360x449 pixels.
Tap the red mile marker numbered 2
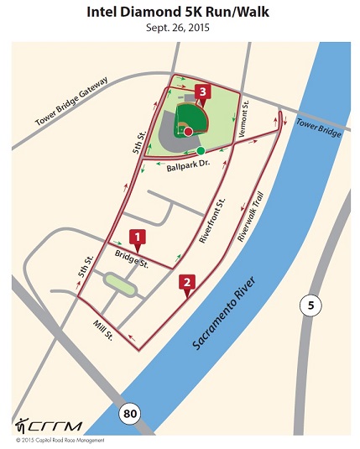(x=187, y=284)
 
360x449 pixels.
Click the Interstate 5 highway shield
(x=310, y=306)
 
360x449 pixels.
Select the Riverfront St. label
(x=212, y=221)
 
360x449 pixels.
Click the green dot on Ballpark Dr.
(x=201, y=151)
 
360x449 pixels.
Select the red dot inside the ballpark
(x=189, y=132)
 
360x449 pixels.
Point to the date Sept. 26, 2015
(x=180, y=27)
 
